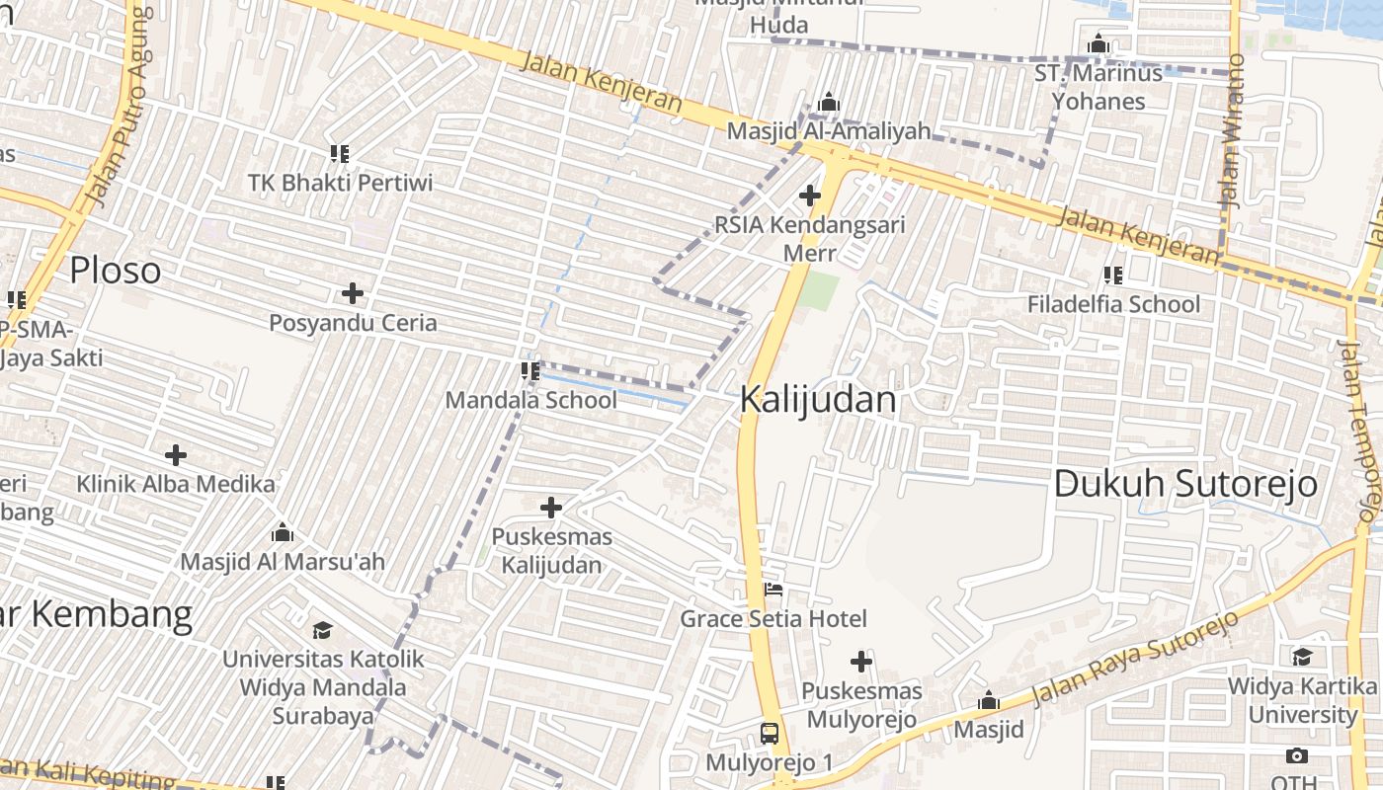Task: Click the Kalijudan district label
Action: (818, 400)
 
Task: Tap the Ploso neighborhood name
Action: (115, 271)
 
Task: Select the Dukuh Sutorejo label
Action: (1185, 484)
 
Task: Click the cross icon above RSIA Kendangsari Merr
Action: (810, 196)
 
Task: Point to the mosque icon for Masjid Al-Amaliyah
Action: (829, 103)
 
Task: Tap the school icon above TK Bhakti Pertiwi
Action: (340, 154)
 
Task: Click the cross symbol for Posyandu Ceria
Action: (353, 293)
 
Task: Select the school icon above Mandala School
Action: (530, 371)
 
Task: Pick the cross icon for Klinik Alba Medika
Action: (176, 455)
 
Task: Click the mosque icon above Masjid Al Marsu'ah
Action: (283, 533)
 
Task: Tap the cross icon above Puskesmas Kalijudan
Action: (551, 509)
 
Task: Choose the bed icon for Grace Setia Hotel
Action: (773, 591)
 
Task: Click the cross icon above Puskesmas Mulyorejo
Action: (861, 662)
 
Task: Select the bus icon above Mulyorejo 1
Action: (770, 734)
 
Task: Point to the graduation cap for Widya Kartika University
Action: (1303, 657)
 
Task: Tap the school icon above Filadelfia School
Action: (1113, 276)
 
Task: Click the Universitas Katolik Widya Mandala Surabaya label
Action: (322, 687)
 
